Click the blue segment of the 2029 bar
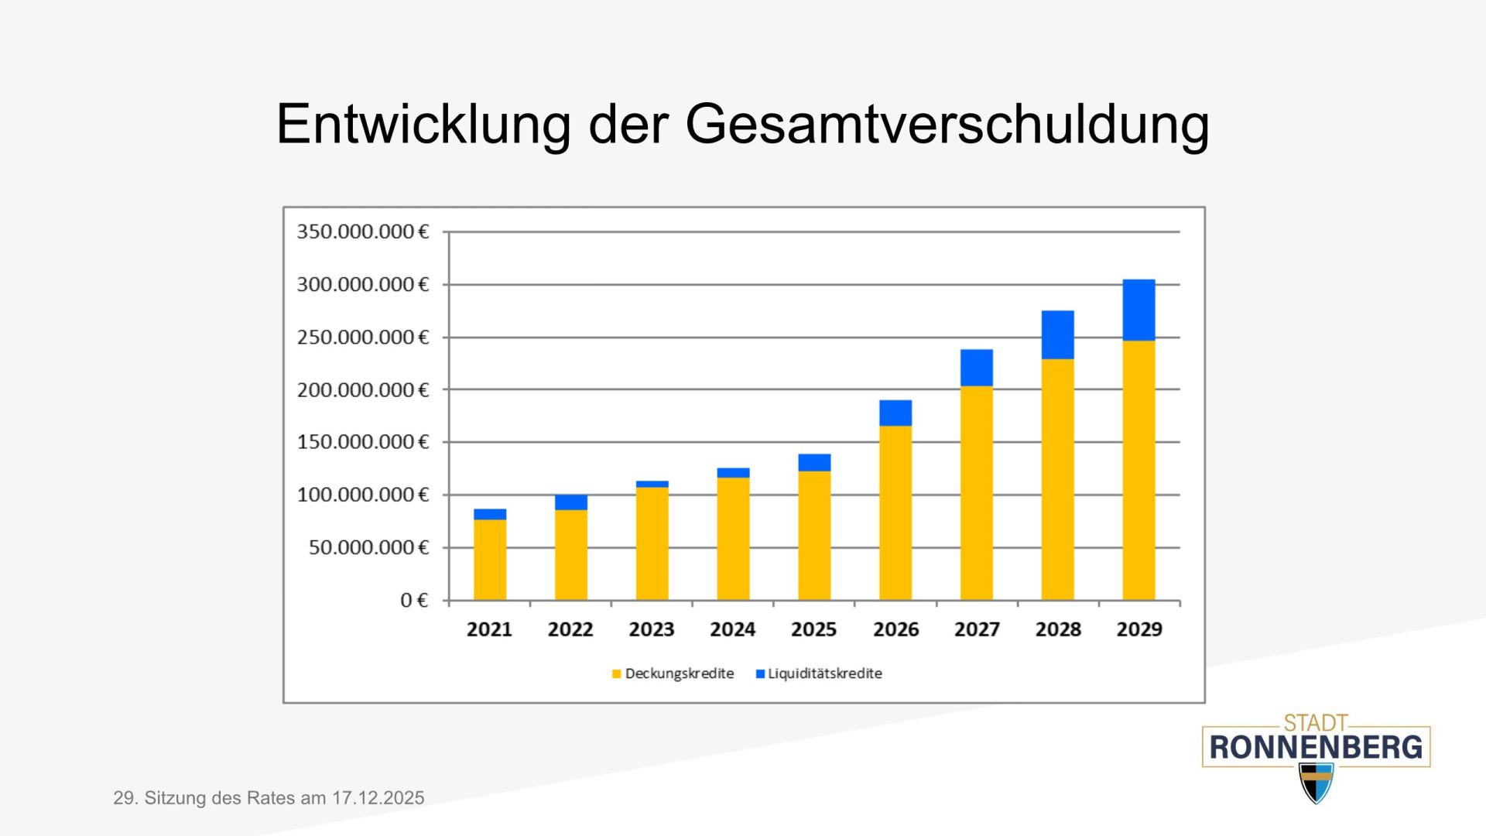pyautogui.click(x=1138, y=310)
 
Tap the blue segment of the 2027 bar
pyautogui.click(x=977, y=368)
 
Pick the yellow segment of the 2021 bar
pyautogui.click(x=490, y=560)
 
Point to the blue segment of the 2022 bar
pyautogui.click(x=571, y=502)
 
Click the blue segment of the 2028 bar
pyautogui.click(x=1057, y=334)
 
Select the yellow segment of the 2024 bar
pyautogui.click(x=733, y=539)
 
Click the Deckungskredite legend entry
pyautogui.click(x=673, y=673)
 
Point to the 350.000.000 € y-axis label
pyautogui.click(x=362, y=231)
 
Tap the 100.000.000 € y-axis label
pyautogui.click(x=362, y=495)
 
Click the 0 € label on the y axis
pyautogui.click(x=414, y=600)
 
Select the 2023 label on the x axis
pyautogui.click(x=652, y=629)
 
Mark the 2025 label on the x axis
pyautogui.click(x=814, y=629)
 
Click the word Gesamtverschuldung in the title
pyautogui.click(x=947, y=124)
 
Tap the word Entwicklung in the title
pyautogui.click(x=423, y=124)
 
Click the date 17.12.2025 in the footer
pyautogui.click(x=378, y=798)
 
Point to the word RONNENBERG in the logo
pyautogui.click(x=1316, y=748)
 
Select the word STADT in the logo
pyautogui.click(x=1316, y=723)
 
